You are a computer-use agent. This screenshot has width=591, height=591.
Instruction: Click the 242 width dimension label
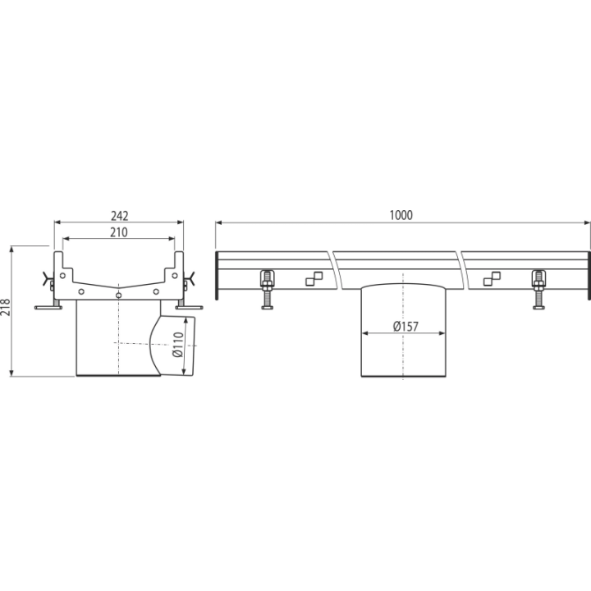[120, 216]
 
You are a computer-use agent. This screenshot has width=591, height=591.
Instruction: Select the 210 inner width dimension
[119, 232]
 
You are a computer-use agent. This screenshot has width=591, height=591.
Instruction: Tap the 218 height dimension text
[6, 307]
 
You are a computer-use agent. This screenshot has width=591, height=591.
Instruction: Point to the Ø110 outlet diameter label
[177, 344]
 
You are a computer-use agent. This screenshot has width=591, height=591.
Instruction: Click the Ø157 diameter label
[405, 326]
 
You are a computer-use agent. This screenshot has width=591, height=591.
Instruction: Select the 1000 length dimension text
[401, 215]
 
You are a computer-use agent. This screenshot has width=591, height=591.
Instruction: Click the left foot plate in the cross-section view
[48, 308]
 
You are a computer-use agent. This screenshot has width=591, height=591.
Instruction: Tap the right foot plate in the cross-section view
[190, 308]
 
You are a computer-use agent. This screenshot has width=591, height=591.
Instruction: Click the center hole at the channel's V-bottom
[119, 295]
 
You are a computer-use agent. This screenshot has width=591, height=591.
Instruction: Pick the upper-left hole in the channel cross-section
[62, 276]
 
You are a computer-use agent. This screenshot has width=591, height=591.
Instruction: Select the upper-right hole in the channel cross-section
[175, 276]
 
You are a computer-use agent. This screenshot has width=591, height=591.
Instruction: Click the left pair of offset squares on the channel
[314, 278]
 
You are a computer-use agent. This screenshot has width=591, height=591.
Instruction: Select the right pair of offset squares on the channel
[492, 278]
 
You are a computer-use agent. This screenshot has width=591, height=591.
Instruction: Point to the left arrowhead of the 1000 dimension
[219, 222]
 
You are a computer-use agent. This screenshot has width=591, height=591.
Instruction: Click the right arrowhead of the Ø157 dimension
[442, 333]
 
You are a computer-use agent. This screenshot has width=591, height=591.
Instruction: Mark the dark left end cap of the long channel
[217, 275]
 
